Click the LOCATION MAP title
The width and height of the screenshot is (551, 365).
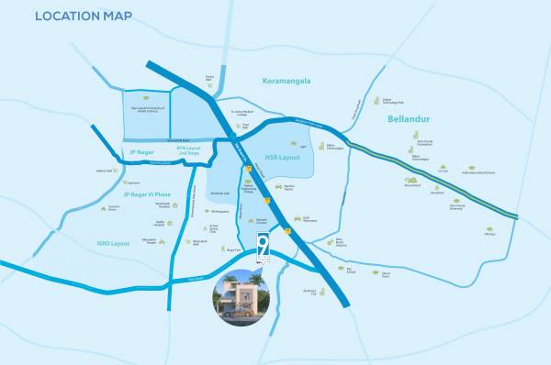click(84, 16)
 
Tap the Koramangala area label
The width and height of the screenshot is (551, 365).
click(286, 81)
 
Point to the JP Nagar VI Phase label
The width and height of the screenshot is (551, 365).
click(148, 194)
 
